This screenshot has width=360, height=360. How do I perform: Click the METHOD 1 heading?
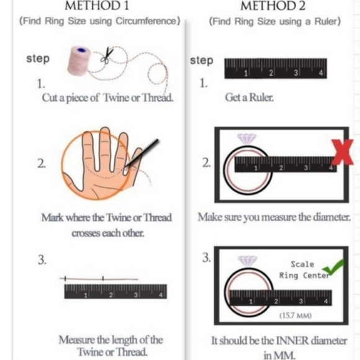pyautogui.click(x=97, y=6)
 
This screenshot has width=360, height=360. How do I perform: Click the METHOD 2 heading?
pyautogui.click(x=272, y=6)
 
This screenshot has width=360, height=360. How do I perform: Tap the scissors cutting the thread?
pyautogui.click(x=107, y=55)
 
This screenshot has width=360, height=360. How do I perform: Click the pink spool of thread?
pyautogui.click(x=79, y=60)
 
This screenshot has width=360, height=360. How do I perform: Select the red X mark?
pyautogui.click(x=342, y=152)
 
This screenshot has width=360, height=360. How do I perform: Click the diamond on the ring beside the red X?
pyautogui.click(x=246, y=139)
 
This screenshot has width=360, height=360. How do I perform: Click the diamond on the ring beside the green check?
pyautogui.click(x=248, y=261)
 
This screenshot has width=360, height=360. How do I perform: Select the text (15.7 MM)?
pyautogui.click(x=295, y=315)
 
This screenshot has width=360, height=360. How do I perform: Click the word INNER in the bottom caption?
pyautogui.click(x=292, y=341)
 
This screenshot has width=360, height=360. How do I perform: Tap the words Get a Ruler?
pyautogui.click(x=250, y=97)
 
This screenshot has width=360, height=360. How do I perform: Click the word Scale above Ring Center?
pyautogui.click(x=302, y=264)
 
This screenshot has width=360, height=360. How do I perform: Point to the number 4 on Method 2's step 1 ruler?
pyautogui.click(x=320, y=73)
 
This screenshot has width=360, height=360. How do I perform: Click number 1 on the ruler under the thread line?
pyautogui.click(x=86, y=295)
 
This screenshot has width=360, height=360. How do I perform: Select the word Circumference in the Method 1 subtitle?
pyautogui.click(x=146, y=21)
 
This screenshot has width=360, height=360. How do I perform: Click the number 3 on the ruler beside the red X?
pyautogui.click(x=305, y=168)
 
